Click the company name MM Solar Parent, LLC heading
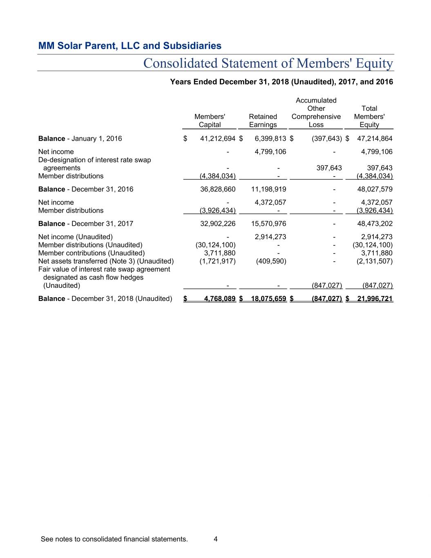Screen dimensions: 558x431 tap(130, 46)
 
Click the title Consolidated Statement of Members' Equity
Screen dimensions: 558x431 tap(268, 63)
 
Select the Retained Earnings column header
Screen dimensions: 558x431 tap(263, 121)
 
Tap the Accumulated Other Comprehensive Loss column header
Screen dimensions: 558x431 tap(316, 112)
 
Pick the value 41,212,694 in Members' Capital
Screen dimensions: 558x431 tap(217, 139)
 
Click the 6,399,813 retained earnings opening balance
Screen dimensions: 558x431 tap(270, 139)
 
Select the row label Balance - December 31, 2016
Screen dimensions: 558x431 tap(86, 189)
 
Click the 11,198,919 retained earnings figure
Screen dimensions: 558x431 tap(268, 189)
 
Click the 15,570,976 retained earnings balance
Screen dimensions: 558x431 tap(268, 224)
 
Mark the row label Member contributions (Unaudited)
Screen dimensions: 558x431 tap(91, 253)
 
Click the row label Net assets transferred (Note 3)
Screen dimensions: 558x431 tap(106, 261)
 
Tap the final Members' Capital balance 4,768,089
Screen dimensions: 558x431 tap(219, 299)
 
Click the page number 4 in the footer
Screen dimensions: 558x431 tap(215, 539)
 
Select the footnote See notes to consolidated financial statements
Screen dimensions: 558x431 tap(114, 539)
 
